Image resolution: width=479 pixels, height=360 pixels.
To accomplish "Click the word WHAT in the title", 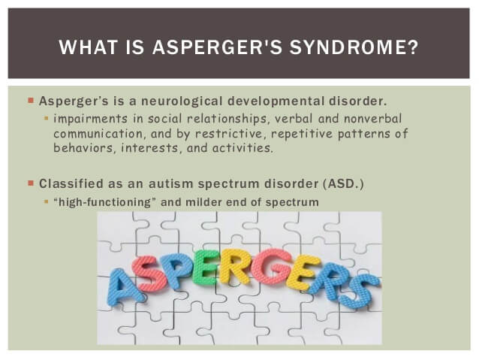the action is pyautogui.click(x=88, y=47).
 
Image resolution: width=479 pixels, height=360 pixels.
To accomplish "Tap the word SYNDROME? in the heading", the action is pyautogui.click(x=354, y=47).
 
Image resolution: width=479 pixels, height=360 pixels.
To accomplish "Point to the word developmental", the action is pyautogui.click(x=276, y=101).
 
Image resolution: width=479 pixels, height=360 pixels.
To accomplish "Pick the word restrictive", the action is pyautogui.click(x=229, y=134).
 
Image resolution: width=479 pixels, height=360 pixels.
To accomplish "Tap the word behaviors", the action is pyautogui.click(x=84, y=148).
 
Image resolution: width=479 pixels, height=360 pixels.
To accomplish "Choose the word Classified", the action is pyautogui.click(x=71, y=184).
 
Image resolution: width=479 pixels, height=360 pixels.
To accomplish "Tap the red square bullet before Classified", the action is pyautogui.click(x=31, y=183).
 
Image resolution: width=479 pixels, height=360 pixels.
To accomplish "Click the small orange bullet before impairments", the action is pyautogui.click(x=47, y=118).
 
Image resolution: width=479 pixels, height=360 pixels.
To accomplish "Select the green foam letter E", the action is pyautogui.click(x=205, y=268).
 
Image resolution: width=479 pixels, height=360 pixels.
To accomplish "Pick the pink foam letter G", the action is pyautogui.click(x=271, y=267).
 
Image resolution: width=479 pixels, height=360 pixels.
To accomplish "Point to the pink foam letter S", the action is pyautogui.click(x=149, y=274).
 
